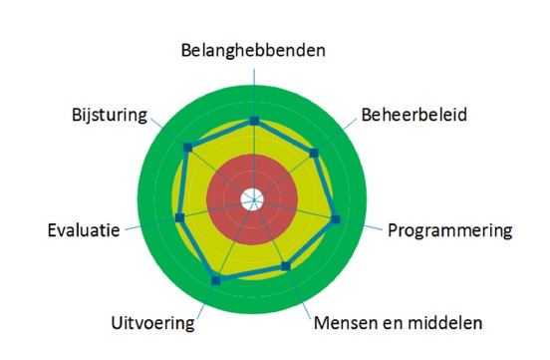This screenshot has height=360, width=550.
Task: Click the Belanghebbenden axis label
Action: [x=253, y=50]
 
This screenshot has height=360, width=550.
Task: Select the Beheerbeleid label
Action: [x=414, y=115]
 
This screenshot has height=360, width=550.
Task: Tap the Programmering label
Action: [x=450, y=231]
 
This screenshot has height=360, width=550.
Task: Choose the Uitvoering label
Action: [x=152, y=323]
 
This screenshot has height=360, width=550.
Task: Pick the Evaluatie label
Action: [x=84, y=230]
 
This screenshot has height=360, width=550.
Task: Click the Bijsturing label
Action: [x=110, y=116]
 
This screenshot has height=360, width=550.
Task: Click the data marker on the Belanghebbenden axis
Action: [x=254, y=121]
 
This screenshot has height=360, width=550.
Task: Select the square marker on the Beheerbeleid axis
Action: [x=314, y=153]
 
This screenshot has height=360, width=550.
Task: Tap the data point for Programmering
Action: [x=336, y=219]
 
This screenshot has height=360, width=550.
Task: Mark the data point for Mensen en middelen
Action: [x=286, y=266]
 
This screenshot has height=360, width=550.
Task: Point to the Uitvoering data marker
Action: [x=216, y=280]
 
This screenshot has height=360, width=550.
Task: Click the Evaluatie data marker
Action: [x=179, y=217]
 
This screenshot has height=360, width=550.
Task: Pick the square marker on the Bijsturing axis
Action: [x=187, y=148]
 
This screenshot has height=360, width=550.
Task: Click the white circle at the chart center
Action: [x=252, y=199]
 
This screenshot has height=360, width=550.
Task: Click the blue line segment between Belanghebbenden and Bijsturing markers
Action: [x=221, y=134]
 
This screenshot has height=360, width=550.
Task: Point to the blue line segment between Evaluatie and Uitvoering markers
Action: [x=197, y=249]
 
